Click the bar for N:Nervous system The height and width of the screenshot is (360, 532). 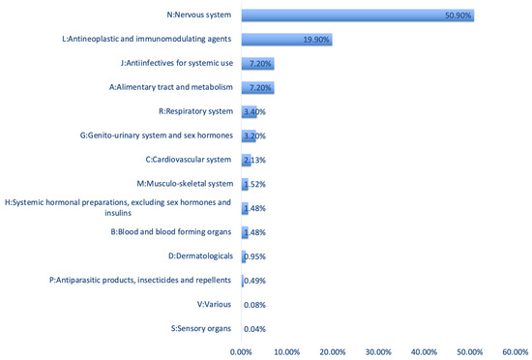point(358,15)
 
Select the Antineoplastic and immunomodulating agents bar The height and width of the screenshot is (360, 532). point(286,40)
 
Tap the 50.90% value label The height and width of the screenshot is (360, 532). point(455,15)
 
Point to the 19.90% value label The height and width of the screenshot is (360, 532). point(312,40)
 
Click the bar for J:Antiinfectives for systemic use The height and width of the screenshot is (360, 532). point(257,64)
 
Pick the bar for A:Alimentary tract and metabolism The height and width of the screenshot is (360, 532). point(257,88)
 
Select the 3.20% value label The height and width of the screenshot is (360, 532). point(253,135)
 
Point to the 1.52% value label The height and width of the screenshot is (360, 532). point(253,184)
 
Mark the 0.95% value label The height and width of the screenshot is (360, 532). point(253,256)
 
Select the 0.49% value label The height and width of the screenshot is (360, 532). point(253,281)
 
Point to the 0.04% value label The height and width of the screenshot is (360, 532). point(253,329)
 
